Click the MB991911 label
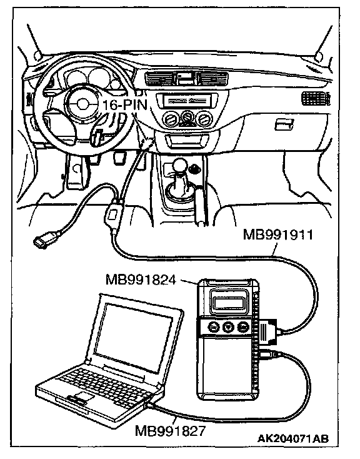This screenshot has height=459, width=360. click(x=277, y=235)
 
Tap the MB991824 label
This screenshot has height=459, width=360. click(x=141, y=280)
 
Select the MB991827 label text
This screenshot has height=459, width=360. click(x=171, y=431)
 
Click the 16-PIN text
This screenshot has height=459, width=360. click(x=124, y=104)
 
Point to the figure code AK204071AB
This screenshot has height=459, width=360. click(x=293, y=438)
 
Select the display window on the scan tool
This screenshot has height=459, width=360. click(x=228, y=303)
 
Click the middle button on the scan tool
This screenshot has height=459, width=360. click(x=228, y=326)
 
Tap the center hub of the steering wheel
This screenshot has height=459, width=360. click(x=82, y=104)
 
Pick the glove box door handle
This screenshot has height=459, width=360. click(x=284, y=124)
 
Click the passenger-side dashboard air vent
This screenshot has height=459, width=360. click(x=316, y=98)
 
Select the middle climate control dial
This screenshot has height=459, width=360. click(x=187, y=118)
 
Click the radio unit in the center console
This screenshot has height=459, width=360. click(x=187, y=101)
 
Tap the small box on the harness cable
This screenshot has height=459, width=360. click(x=113, y=216)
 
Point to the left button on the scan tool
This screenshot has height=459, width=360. click(x=213, y=326)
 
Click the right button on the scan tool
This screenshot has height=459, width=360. click(x=242, y=326)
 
